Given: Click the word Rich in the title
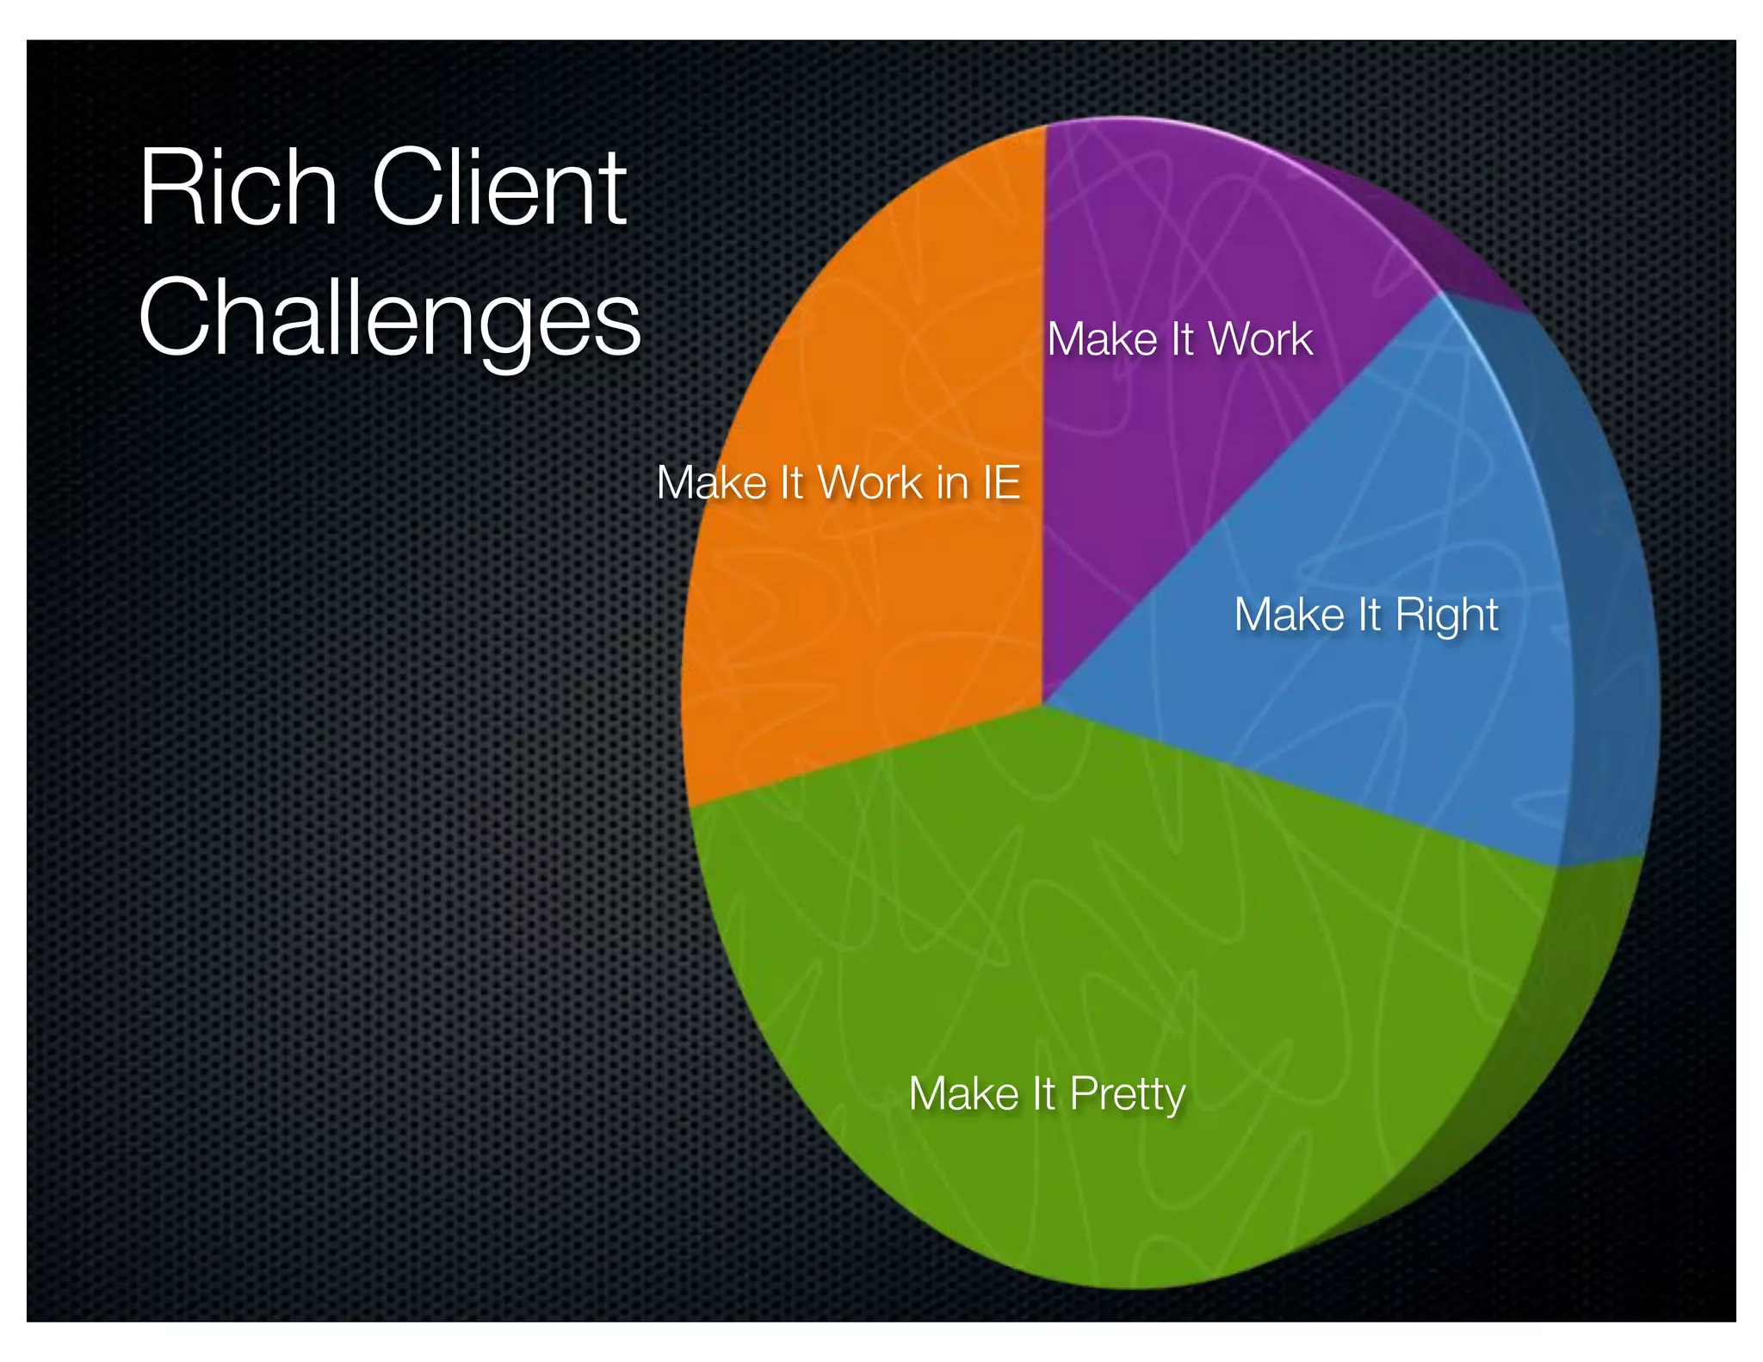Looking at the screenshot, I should [238, 187].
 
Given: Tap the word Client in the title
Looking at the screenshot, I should [499, 187].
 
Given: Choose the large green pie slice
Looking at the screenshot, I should [1119, 947].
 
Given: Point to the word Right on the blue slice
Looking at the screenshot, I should [1446, 615].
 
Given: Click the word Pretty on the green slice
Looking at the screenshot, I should [1128, 1095].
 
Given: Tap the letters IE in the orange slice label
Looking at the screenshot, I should [1001, 482].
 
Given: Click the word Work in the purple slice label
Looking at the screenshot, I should [1261, 339].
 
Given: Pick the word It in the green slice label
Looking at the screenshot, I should [1044, 1094].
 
